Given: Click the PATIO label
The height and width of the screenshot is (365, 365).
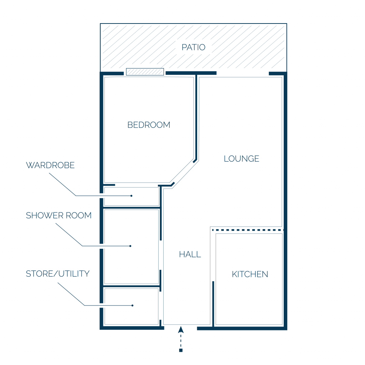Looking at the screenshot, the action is (194, 47).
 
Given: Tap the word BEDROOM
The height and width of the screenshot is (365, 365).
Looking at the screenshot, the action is (149, 125).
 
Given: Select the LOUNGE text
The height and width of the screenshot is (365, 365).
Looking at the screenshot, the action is (241, 159).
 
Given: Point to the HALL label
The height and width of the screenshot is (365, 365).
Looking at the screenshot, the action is (190, 255).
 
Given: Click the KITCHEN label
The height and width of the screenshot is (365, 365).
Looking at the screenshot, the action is (250, 274).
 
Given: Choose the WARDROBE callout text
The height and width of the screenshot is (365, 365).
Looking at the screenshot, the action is (50, 165).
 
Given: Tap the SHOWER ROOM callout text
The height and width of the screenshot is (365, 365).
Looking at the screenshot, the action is (59, 216).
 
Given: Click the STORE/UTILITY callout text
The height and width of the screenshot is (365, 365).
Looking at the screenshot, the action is (58, 274).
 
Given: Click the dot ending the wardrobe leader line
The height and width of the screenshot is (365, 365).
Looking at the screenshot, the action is (131, 196).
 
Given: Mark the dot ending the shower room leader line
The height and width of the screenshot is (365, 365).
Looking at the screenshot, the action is (130, 246).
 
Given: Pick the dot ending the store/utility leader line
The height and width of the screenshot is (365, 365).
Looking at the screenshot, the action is (132, 305).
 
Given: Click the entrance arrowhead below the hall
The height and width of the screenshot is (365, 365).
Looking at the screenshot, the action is (181, 329).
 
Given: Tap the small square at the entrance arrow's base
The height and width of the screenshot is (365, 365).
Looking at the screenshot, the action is (181, 350).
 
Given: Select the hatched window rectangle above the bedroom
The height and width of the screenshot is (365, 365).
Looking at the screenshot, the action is (145, 72).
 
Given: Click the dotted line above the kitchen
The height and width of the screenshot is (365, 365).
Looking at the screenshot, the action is (248, 230).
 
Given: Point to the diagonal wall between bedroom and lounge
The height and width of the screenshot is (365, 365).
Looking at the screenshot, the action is (184, 173).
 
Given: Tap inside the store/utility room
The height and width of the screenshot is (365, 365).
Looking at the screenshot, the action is (132, 307).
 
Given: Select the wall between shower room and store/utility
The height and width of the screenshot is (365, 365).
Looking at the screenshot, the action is (132, 286).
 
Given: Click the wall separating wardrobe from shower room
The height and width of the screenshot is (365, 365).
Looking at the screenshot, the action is (132, 207).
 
